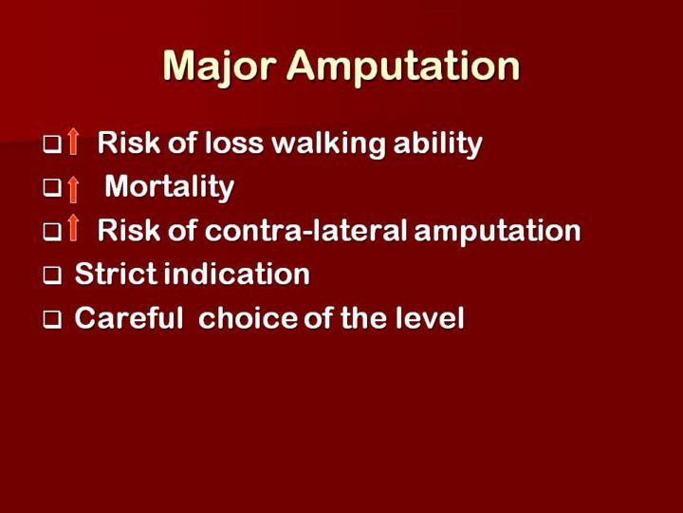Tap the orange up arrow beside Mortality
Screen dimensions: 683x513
tap(74, 189)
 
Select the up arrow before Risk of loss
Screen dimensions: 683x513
tap(74, 142)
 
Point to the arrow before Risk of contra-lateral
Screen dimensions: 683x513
tap(74, 228)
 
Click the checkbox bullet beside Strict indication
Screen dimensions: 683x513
tap(52, 275)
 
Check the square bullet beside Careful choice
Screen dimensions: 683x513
tap(52, 320)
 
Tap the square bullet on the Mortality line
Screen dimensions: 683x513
tap(52, 188)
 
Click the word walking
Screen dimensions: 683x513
tap(328, 144)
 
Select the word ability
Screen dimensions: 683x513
tap(437, 144)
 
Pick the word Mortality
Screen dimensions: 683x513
tap(170, 187)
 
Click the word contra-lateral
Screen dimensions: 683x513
tap(305, 230)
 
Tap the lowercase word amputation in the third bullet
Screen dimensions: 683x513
tap(497, 231)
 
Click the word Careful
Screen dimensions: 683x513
tap(129, 317)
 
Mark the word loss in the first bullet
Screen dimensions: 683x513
tap(234, 143)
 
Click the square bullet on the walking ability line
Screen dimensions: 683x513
tap(52, 144)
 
